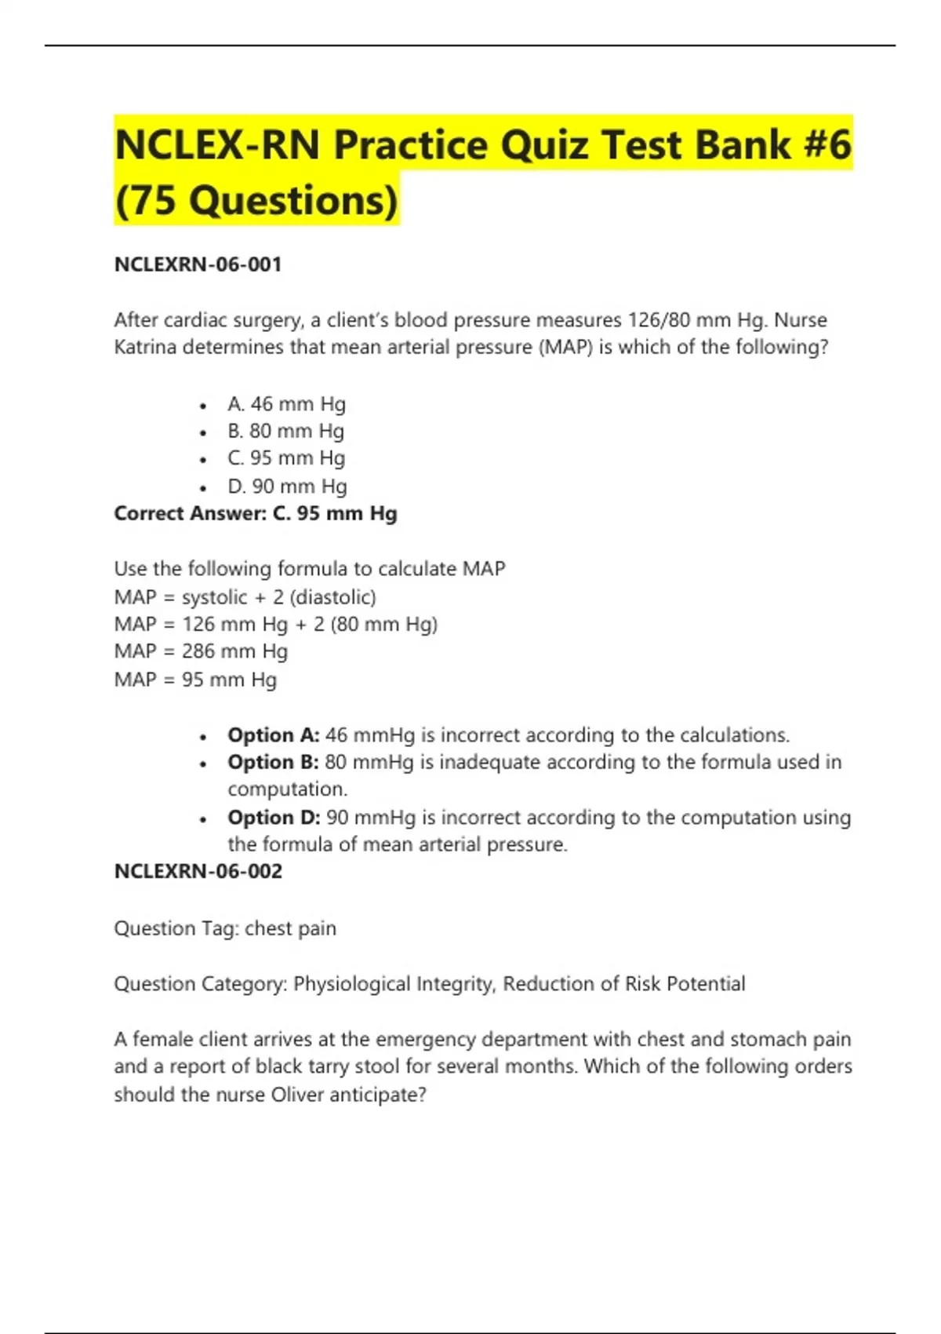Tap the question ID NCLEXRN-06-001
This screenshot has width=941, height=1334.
click(198, 264)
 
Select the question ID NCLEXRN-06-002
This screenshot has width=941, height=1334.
click(198, 871)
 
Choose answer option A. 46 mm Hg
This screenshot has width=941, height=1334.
click(286, 404)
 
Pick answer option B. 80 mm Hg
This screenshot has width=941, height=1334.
click(285, 432)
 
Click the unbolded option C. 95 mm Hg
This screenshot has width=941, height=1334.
click(286, 458)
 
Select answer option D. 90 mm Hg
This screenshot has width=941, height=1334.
click(287, 487)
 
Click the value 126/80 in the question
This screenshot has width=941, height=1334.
click(656, 320)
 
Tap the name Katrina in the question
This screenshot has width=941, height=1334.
click(145, 347)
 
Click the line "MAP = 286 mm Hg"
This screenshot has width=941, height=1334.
click(201, 651)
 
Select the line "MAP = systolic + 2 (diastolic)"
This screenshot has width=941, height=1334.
click(245, 597)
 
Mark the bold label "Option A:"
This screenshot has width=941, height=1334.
click(273, 735)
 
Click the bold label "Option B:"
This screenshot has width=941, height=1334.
click(273, 762)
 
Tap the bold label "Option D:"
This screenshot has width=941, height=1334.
click(274, 818)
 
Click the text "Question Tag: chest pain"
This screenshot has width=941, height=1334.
click(225, 928)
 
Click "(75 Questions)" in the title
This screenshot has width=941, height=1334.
click(256, 201)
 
